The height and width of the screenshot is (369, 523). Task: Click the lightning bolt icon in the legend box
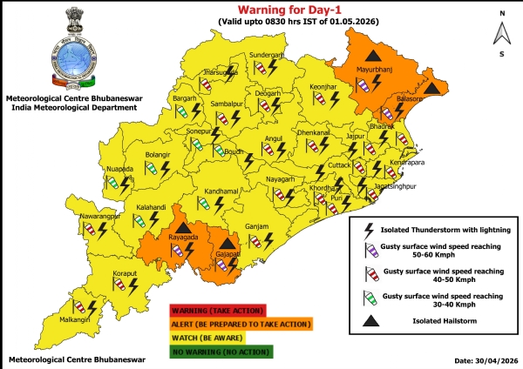369,230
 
